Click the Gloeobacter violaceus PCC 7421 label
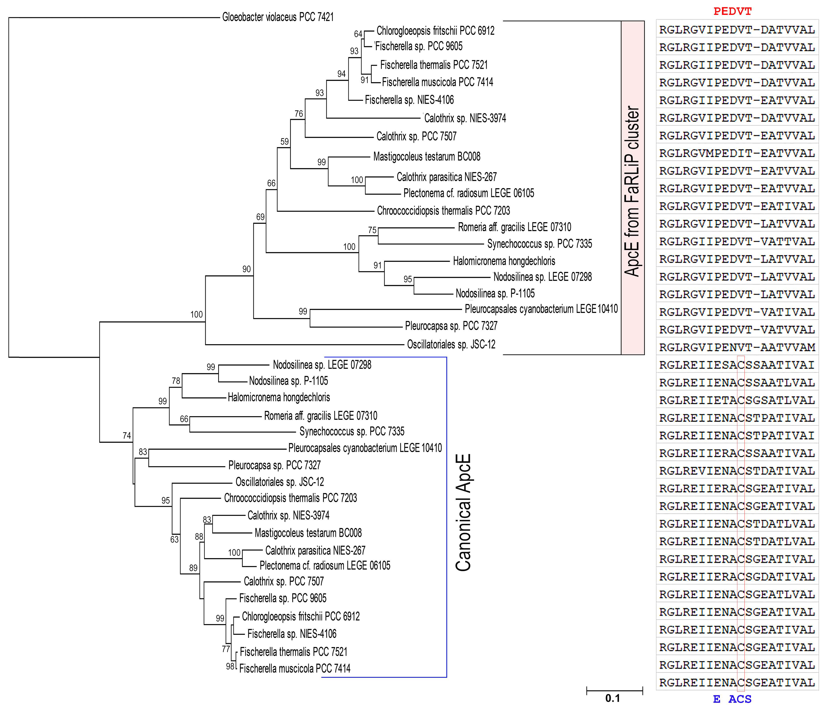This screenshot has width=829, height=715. click(x=278, y=17)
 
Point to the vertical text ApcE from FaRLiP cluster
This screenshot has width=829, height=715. click(x=632, y=191)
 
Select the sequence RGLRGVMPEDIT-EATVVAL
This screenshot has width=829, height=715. click(x=737, y=153)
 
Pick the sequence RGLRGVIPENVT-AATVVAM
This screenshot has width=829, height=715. click(x=737, y=347)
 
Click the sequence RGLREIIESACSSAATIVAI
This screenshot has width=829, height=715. click(x=737, y=365)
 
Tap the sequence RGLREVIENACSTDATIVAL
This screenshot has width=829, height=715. click(x=737, y=471)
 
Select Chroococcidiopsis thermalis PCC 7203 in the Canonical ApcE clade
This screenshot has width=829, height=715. click(x=290, y=498)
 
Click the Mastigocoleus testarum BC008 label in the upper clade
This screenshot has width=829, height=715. click(x=427, y=157)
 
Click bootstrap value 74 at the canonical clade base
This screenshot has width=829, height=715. click(x=127, y=436)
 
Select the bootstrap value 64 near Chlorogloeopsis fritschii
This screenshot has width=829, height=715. click(x=358, y=34)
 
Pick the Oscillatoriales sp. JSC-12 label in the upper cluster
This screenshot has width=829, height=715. click(x=451, y=344)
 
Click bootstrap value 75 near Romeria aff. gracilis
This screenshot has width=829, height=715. click(x=372, y=230)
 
